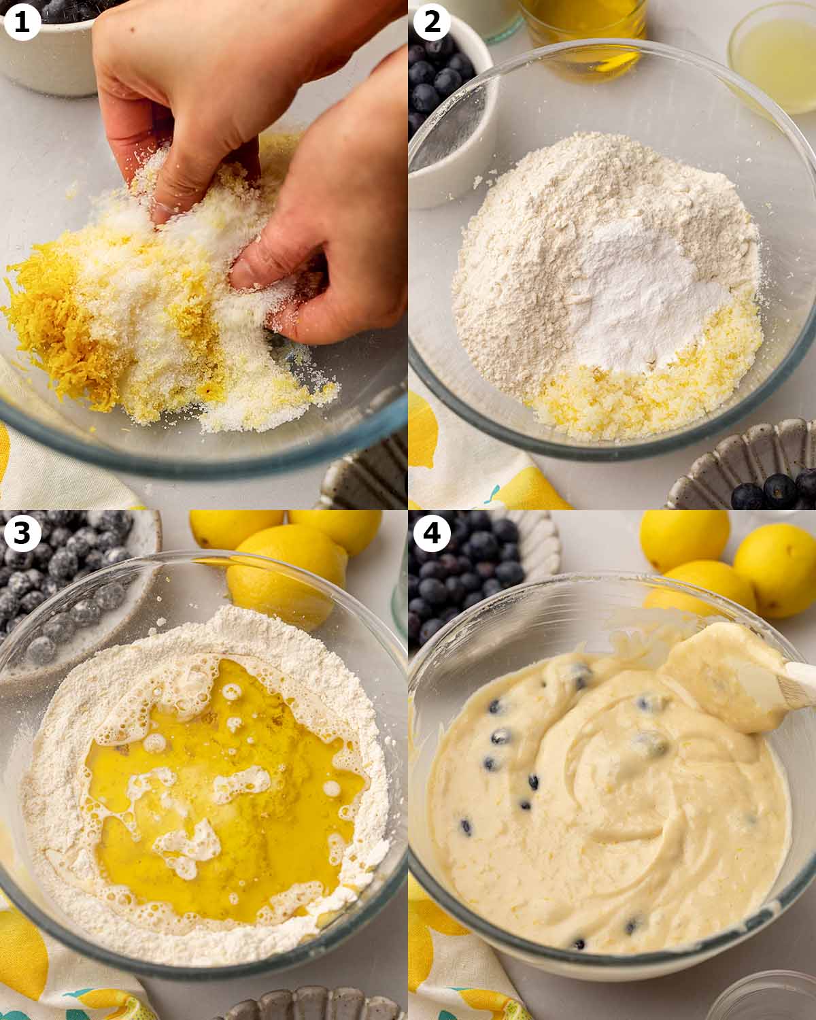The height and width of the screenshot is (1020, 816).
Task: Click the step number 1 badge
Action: click(x=22, y=22)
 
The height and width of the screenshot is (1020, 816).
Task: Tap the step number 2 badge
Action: click(x=432, y=22)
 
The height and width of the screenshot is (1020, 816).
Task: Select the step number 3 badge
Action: click(x=22, y=533)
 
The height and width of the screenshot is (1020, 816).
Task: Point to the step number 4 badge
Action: click(x=432, y=533)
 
